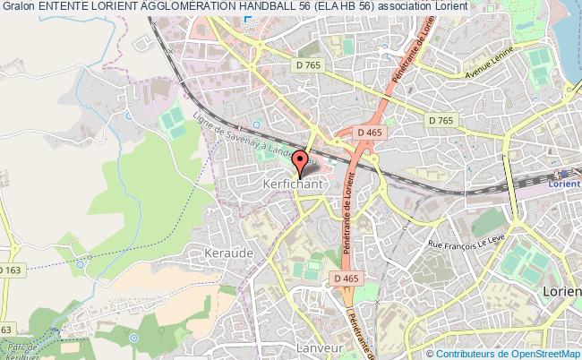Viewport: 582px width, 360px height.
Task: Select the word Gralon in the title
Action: pos(19,7)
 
